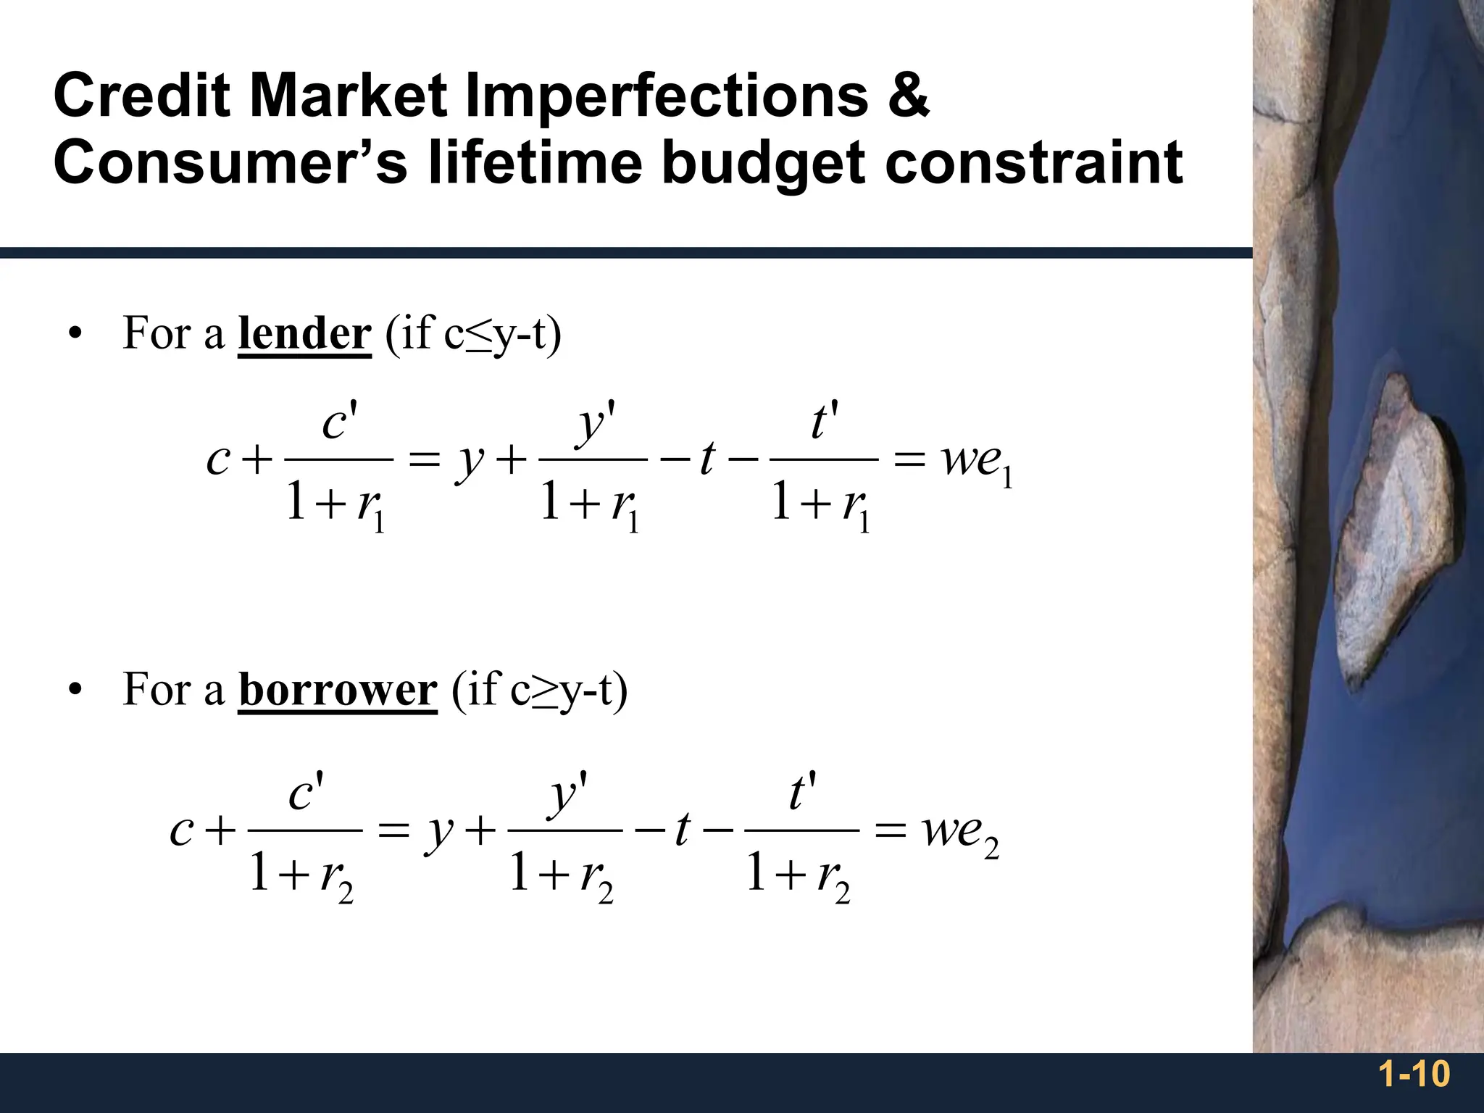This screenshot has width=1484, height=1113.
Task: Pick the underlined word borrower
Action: (338, 689)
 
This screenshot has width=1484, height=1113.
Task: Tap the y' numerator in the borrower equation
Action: (567, 793)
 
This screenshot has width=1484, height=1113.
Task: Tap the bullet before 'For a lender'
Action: (73, 335)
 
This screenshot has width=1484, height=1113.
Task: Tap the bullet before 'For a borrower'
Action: (73, 691)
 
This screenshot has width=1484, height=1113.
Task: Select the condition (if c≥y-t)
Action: (539, 689)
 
